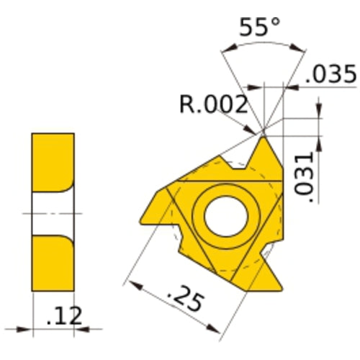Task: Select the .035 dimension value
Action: (330, 74)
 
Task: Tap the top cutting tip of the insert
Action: (264, 138)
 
